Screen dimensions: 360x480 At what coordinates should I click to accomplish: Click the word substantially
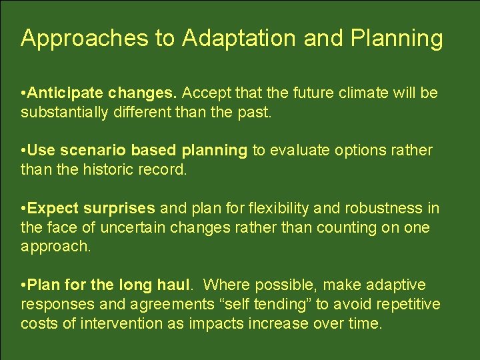(72, 112)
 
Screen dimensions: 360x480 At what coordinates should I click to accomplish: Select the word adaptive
(398, 286)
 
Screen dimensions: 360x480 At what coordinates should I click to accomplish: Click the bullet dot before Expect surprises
(23, 209)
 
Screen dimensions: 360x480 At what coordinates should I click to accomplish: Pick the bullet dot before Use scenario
(23, 151)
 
